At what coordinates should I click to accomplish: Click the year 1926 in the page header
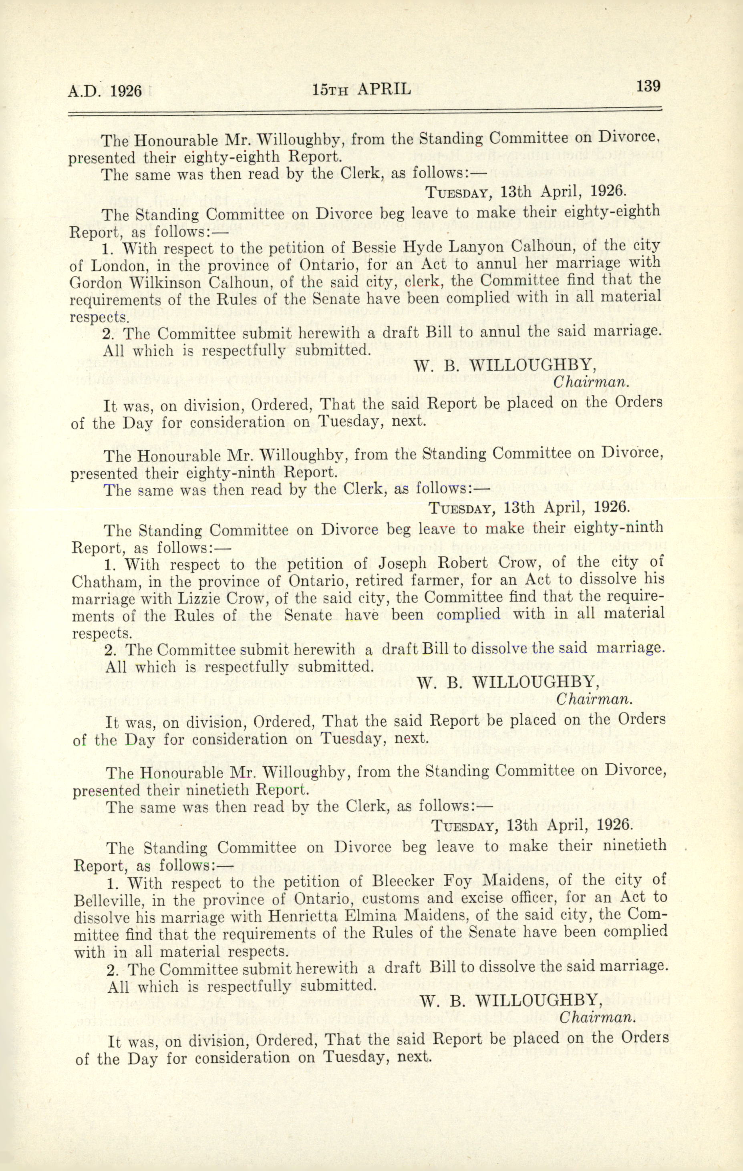[x=125, y=91]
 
